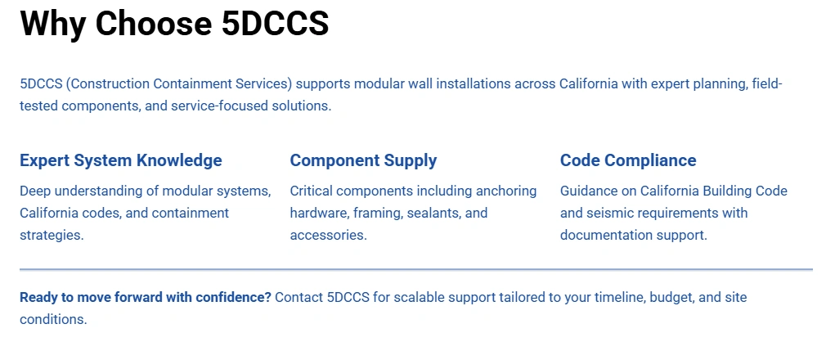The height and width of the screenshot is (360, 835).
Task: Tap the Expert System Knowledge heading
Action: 120,160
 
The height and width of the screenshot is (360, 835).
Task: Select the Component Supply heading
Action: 363,160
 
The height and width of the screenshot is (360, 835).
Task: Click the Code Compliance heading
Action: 627,160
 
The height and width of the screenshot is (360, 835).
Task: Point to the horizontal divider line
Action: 415,269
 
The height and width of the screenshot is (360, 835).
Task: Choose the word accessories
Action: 328,235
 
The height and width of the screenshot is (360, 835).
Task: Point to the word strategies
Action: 52,235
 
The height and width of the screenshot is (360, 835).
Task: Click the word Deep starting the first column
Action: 36,191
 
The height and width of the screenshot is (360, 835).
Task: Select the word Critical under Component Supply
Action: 314,191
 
